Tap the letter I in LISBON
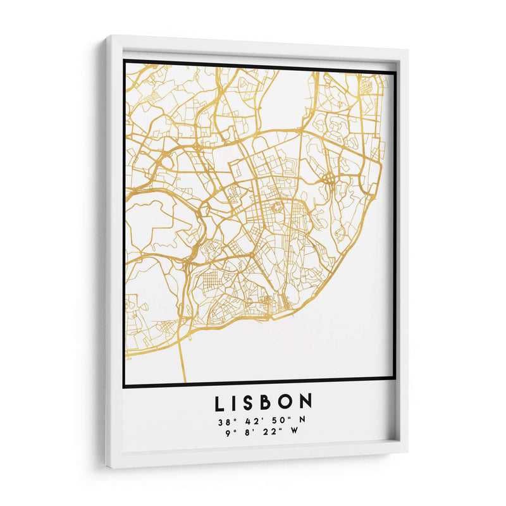[235, 402]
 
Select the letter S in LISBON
[251, 402]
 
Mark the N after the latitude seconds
[295, 419]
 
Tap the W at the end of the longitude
[294, 432]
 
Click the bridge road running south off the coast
[182, 361]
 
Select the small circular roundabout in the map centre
[276, 206]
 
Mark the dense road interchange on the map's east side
[330, 180]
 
